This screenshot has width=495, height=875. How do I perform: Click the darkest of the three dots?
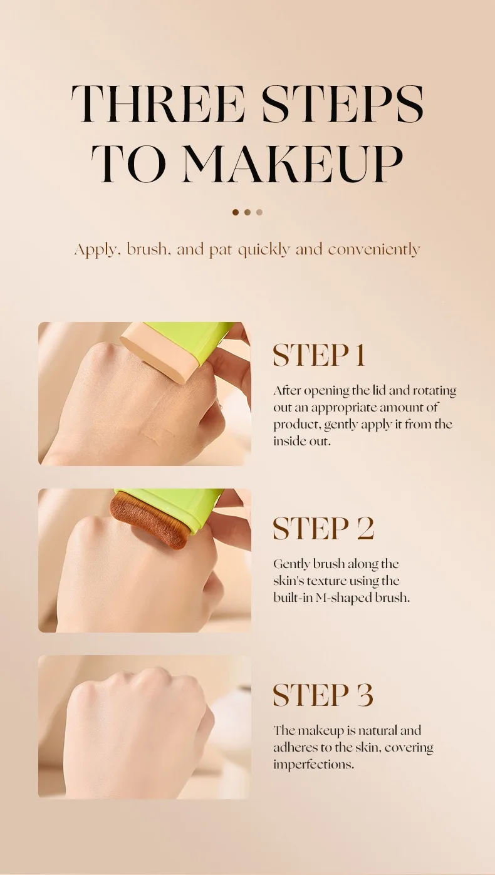pos(236,212)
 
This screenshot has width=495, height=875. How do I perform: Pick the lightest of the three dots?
pos(259,212)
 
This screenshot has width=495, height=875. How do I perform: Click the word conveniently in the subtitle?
pos(374,249)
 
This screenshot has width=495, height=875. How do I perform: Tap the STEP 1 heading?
pos(319,355)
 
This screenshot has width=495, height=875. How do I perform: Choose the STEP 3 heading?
pos(323,695)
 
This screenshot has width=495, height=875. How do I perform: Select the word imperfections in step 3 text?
pos(314,765)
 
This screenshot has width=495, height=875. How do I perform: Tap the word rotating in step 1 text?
pos(434,391)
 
